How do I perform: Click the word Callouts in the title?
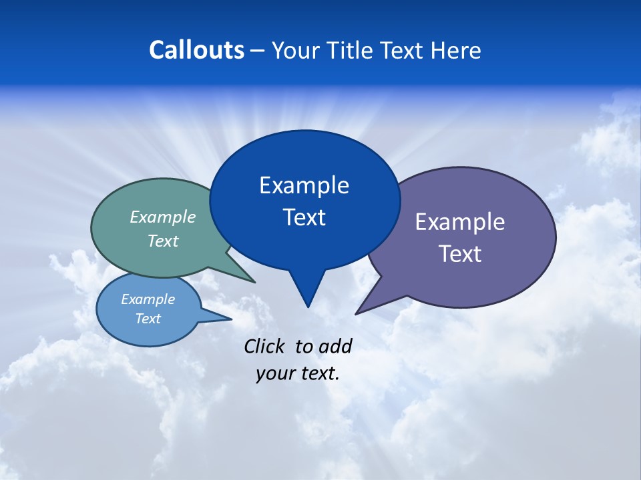196,50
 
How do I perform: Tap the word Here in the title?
455,50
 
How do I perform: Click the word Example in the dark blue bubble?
304,185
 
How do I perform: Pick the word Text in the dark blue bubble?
304,217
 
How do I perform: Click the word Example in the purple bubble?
460,222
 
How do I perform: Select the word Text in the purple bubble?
460,254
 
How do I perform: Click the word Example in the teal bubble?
163,217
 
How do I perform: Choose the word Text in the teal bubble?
163,241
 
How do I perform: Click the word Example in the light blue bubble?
148,299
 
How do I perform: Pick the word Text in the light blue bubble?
148,319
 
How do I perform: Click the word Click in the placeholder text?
264,346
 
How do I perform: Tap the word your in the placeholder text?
275,373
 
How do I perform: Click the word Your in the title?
294,50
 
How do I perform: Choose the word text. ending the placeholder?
318,373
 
